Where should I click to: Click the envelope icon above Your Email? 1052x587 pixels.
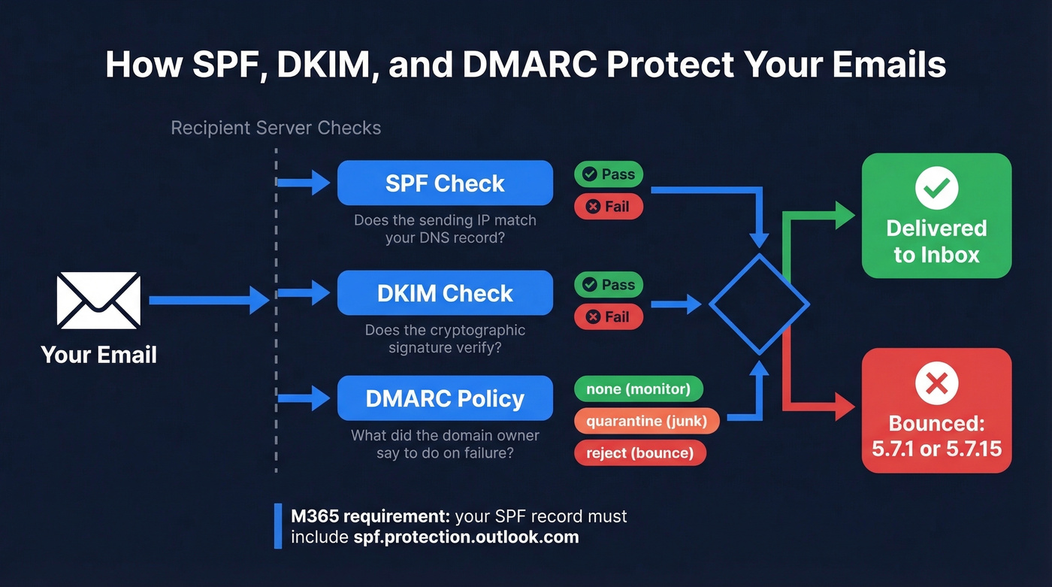[99, 301]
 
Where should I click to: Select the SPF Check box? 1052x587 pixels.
[445, 183]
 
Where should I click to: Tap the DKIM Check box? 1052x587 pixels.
[445, 293]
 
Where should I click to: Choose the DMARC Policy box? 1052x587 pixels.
[445, 398]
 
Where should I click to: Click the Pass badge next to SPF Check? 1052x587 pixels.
[609, 174]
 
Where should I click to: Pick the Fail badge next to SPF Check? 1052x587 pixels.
[609, 206]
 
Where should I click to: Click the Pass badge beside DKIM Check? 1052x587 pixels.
[609, 285]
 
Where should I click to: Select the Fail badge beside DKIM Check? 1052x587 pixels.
[609, 316]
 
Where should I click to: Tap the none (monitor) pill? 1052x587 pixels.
[638, 389]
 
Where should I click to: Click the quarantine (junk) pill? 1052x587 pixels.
[646, 421]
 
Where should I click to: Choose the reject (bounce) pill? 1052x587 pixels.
[640, 452]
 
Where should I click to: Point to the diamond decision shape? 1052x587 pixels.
[759, 304]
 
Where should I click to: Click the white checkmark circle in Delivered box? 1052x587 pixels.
[936, 188]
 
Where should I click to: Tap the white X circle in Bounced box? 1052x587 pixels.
[936, 384]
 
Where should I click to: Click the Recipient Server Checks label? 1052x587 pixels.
[276, 128]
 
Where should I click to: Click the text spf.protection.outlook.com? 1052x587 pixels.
[466, 537]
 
